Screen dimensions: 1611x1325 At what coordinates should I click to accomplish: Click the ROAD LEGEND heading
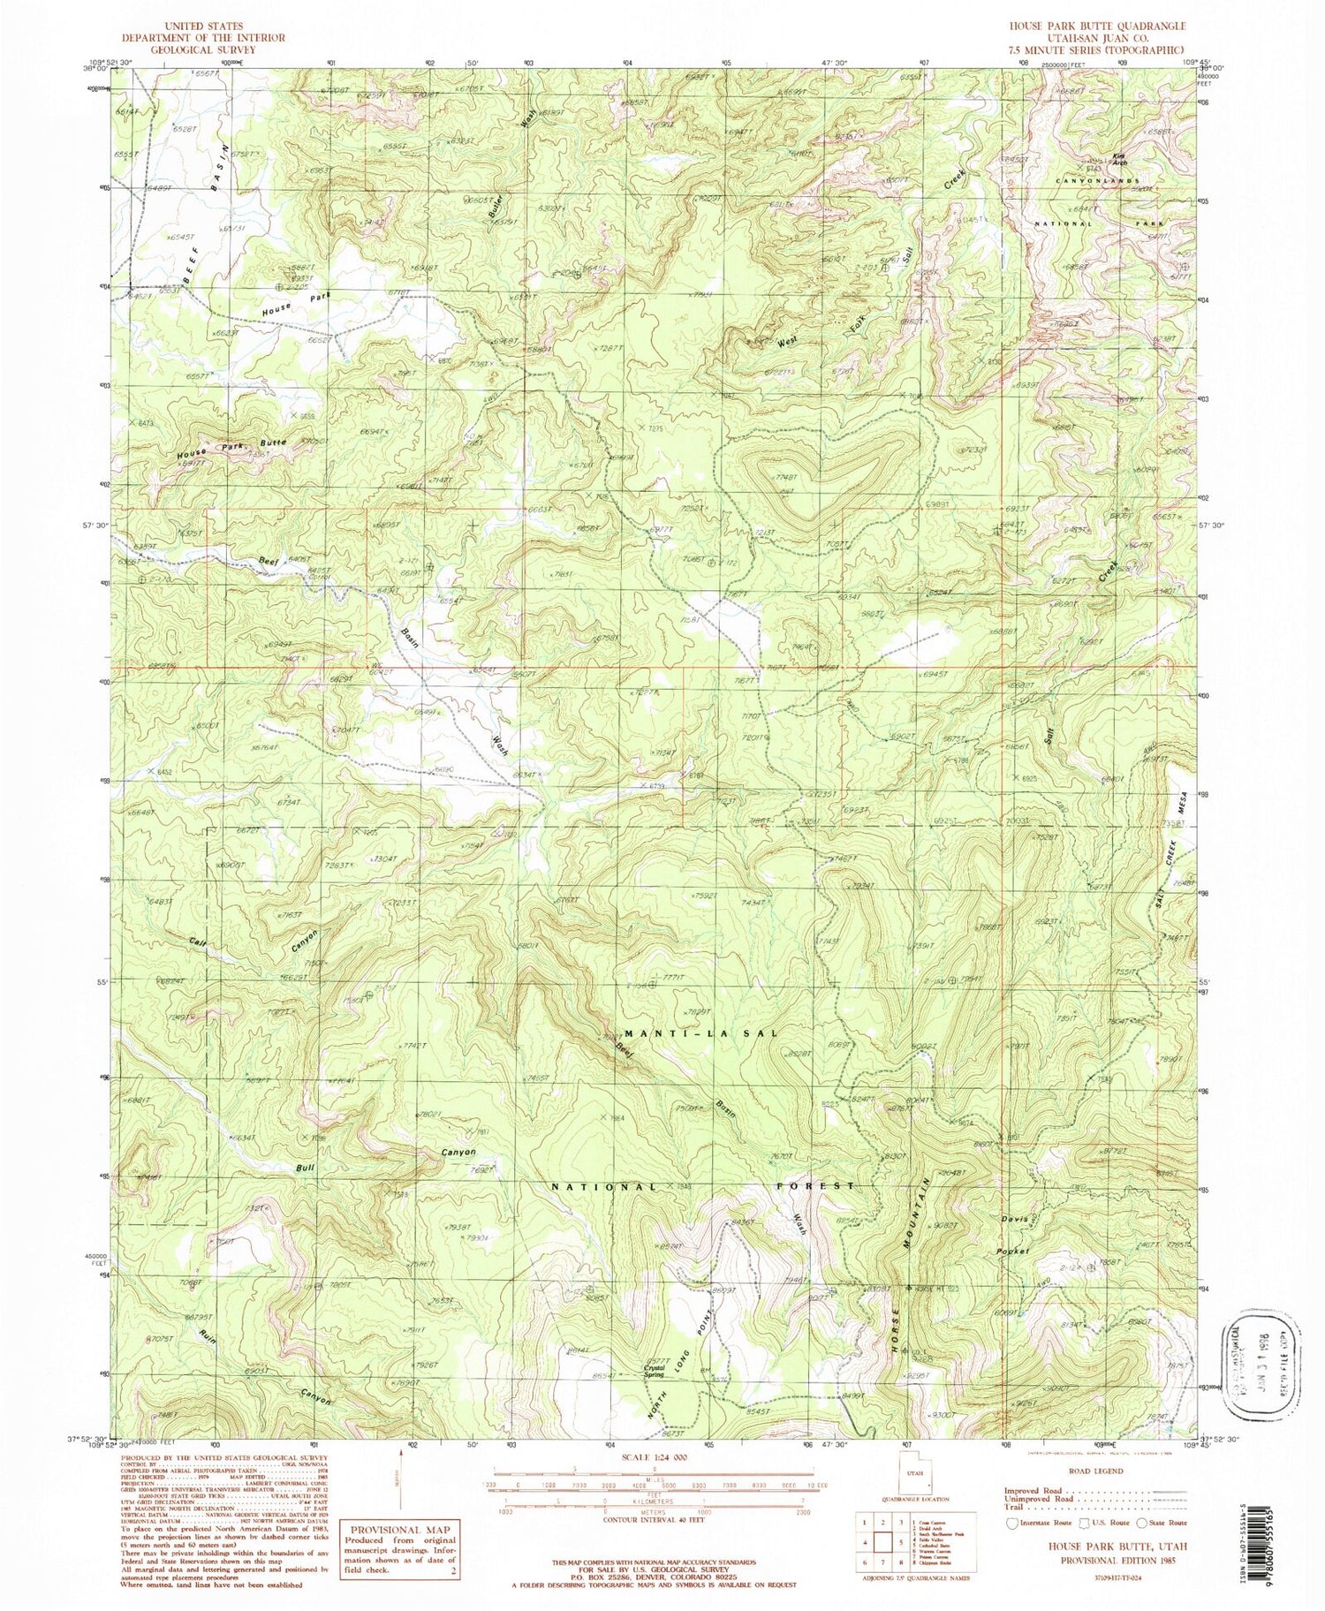[x=1095, y=1471]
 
